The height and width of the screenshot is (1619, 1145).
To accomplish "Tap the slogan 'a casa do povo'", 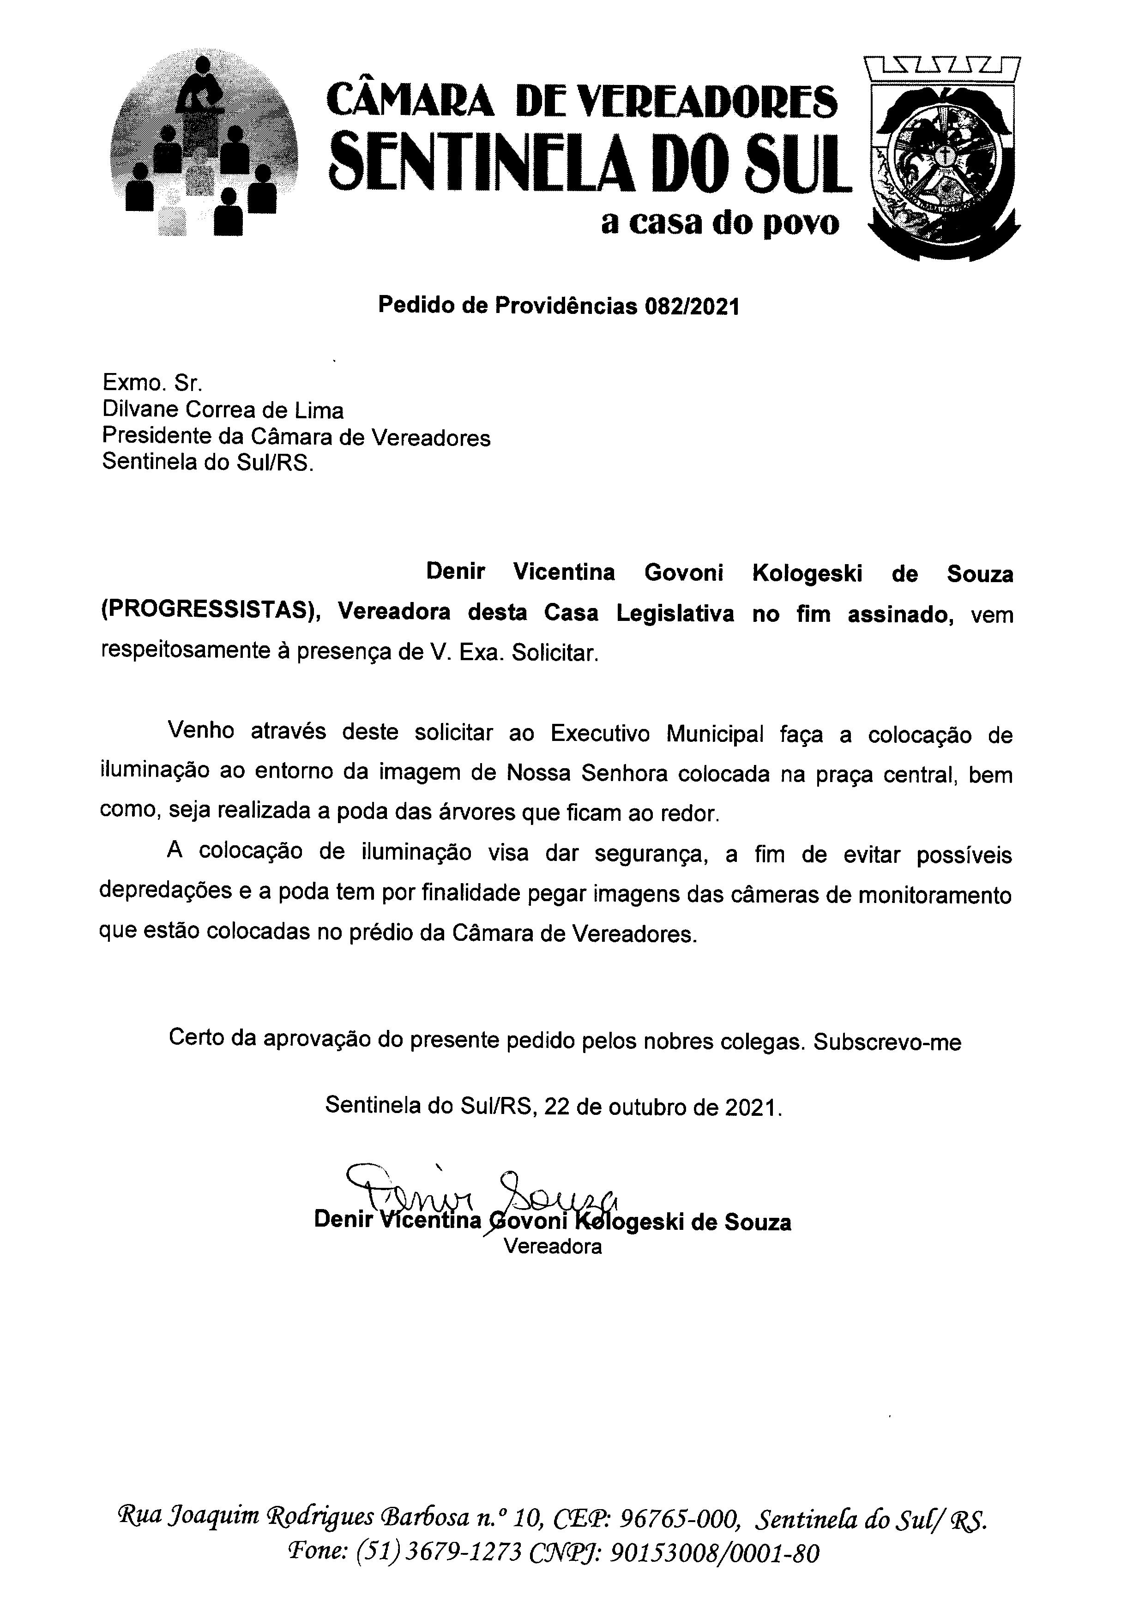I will [720, 223].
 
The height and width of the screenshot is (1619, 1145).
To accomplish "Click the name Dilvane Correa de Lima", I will [223, 410].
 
